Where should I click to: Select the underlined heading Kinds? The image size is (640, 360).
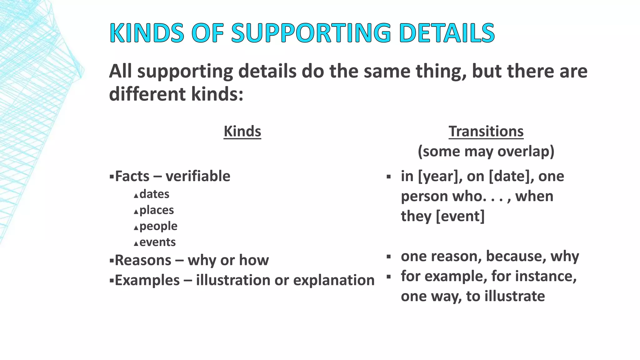(x=242, y=131)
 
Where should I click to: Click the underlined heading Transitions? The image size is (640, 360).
(x=486, y=131)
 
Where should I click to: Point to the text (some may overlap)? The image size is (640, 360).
(x=486, y=152)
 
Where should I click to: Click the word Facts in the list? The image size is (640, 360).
(x=132, y=176)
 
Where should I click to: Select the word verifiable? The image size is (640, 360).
(x=198, y=176)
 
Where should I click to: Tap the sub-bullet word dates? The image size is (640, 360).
(x=154, y=194)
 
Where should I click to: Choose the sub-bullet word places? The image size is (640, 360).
(x=157, y=210)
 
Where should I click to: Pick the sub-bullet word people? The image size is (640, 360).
(x=158, y=226)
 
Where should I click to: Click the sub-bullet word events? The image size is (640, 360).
(x=157, y=242)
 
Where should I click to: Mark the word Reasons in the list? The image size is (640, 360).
(x=143, y=260)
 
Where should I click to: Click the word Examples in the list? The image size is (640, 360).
(x=147, y=280)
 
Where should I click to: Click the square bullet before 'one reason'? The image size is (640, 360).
(x=389, y=257)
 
